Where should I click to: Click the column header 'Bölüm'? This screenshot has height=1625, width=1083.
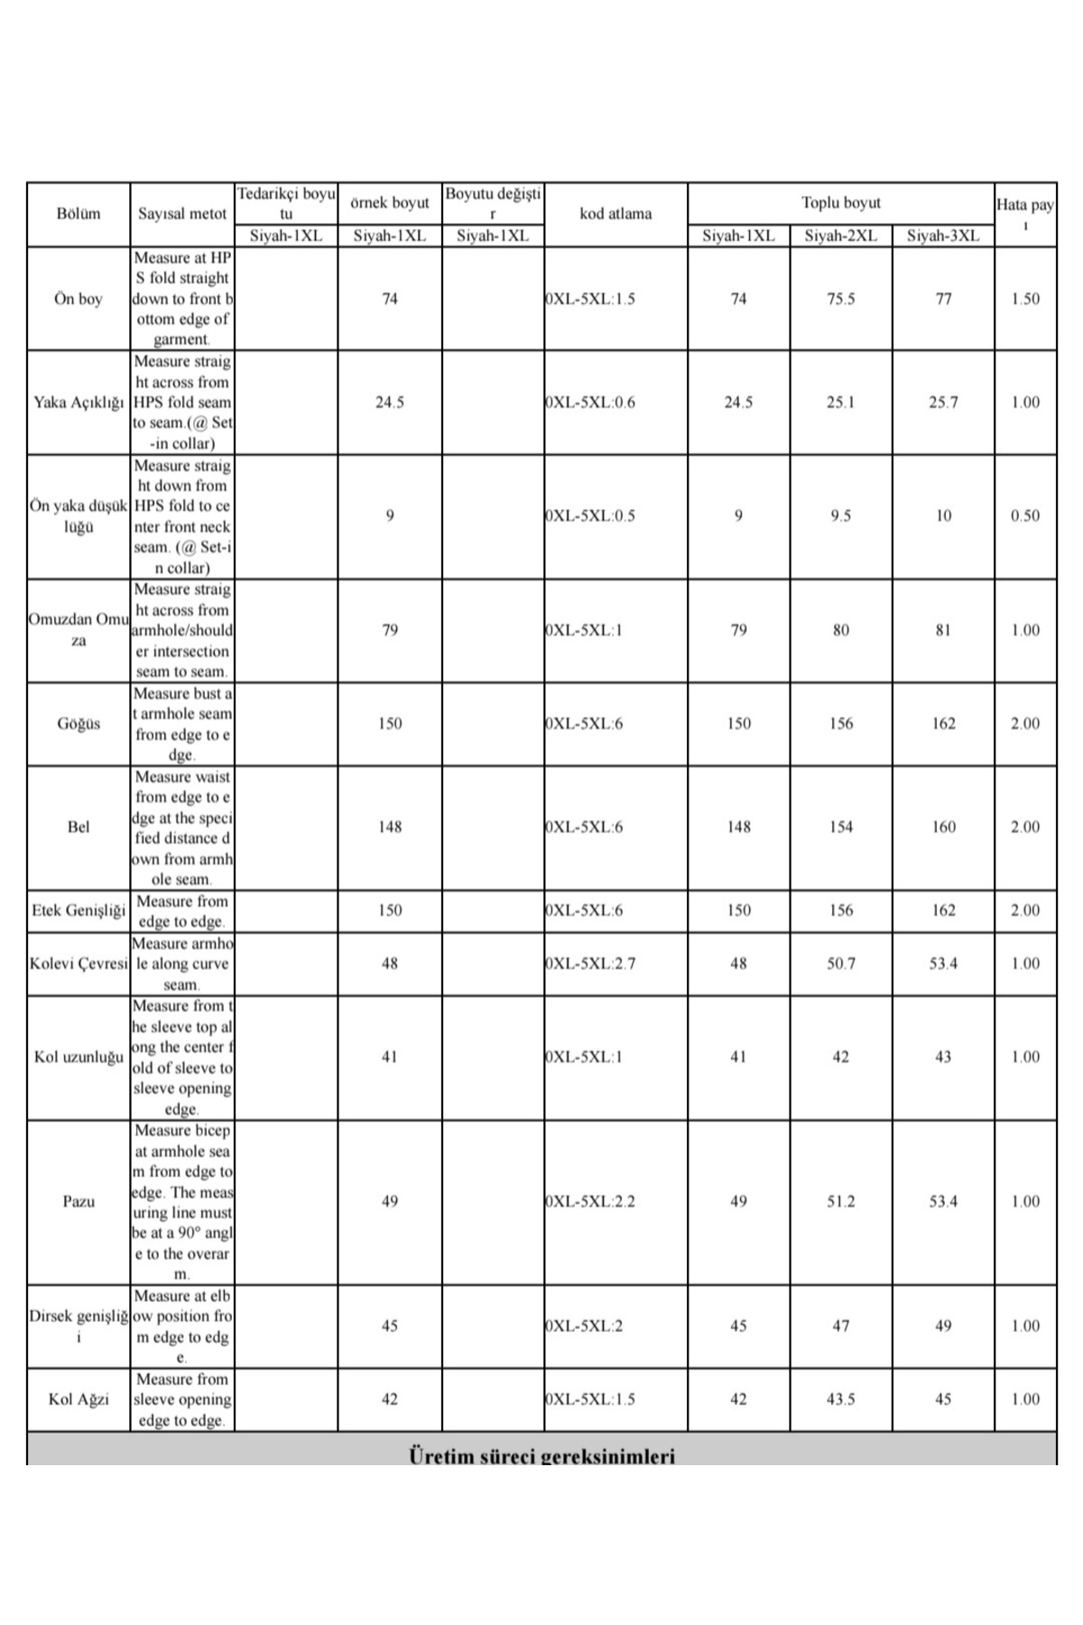79,214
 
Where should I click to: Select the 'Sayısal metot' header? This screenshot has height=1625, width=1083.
182,214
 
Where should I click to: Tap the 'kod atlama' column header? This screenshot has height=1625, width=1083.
616,214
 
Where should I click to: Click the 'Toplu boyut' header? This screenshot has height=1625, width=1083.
840,203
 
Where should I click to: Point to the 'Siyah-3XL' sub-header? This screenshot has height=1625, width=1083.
943,236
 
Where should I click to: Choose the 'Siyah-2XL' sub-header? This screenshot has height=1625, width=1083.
840,236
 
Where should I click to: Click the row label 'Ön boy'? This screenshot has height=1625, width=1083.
79,299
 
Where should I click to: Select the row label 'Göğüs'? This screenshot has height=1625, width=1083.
79,723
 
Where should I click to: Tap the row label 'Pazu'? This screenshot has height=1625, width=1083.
79,1201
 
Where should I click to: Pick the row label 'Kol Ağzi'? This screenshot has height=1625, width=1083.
79,1398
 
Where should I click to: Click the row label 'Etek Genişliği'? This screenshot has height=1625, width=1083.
79,910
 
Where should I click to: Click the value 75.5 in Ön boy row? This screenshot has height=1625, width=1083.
840,299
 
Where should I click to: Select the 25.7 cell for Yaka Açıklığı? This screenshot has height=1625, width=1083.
943,402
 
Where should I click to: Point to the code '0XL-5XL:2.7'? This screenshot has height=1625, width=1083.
590,963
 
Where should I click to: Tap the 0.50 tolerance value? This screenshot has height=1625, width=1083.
1025,515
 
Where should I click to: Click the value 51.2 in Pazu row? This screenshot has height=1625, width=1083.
840,1201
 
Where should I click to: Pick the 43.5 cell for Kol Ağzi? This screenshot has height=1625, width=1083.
840,1398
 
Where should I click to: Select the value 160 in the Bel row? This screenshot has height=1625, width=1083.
943,826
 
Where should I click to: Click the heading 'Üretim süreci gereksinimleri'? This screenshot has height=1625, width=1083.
541,1454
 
